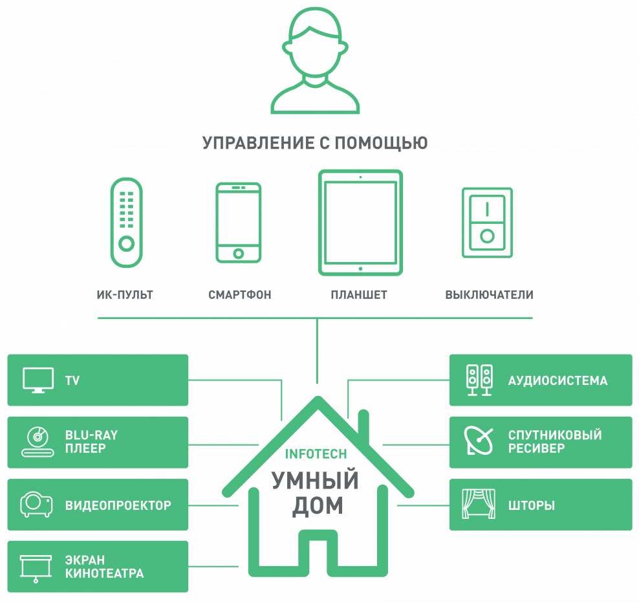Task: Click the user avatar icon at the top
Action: [315, 61]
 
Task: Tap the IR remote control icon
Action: [126, 222]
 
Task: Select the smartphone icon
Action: [239, 222]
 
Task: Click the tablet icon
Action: [360, 222]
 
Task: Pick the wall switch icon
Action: [486, 222]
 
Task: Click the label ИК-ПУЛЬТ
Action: [125, 295]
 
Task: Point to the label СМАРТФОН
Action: [239, 295]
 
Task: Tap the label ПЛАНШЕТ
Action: [359, 295]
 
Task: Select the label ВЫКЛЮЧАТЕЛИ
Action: [489, 295]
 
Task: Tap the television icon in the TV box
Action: [38, 380]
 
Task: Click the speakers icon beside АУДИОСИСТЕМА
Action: [479, 380]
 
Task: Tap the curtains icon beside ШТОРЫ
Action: [479, 505]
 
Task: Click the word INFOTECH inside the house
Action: [316, 454]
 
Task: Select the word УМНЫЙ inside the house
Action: [314, 481]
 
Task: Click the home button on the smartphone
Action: [239, 253]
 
